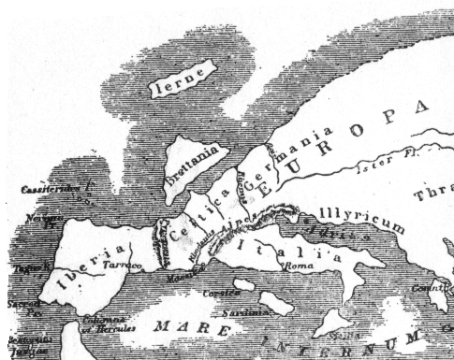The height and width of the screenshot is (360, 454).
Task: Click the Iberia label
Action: [94, 261]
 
